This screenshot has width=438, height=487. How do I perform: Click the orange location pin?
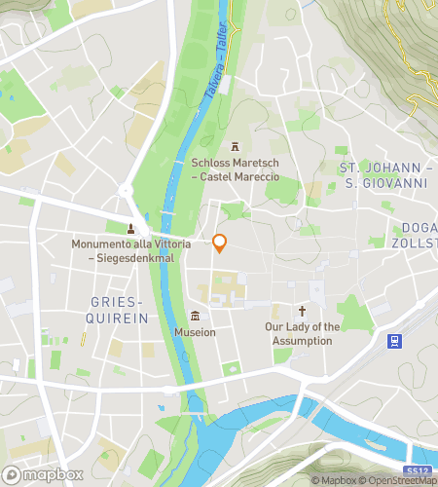pyautogui.click(x=220, y=243)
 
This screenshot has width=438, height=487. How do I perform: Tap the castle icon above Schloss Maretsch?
pyautogui.click(x=235, y=147)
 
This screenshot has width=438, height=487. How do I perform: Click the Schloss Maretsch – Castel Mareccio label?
pyautogui.click(x=235, y=169)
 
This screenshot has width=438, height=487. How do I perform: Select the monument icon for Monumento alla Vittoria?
pyautogui.click(x=130, y=229)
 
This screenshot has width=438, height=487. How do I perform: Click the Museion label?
pyautogui.click(x=195, y=332)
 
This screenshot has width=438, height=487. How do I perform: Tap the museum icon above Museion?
pyautogui.click(x=195, y=316)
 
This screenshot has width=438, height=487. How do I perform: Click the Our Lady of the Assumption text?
pyautogui.click(x=303, y=333)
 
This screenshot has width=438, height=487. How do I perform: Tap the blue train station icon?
pyautogui.click(x=395, y=340)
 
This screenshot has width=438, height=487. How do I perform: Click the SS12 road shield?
pyautogui.click(x=417, y=471)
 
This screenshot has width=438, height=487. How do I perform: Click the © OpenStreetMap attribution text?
pyautogui.click(x=397, y=480)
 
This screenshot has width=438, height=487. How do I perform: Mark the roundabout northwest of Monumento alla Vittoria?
pyautogui.click(x=125, y=190)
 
